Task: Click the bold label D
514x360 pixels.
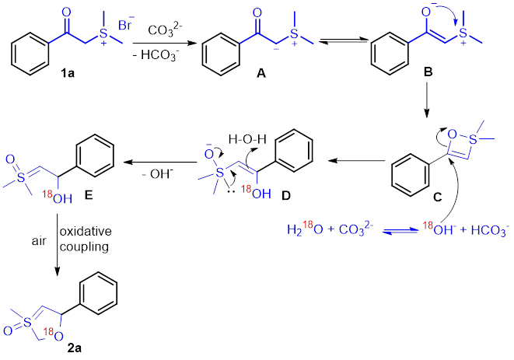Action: (x=287, y=196)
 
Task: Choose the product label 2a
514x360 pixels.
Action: (x=75, y=348)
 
